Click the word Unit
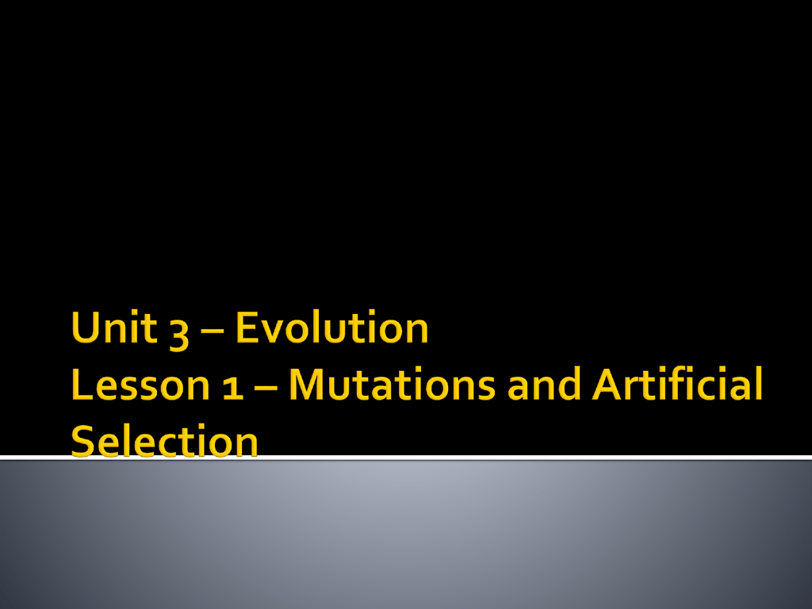tap(114, 327)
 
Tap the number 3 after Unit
tap(179, 333)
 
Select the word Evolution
tap(332, 327)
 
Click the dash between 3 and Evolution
tap(213, 333)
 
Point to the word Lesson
tap(140, 385)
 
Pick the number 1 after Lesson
tap(233, 388)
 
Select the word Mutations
tap(392, 385)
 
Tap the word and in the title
tap(544, 384)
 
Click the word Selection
tap(164, 441)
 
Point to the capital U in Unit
tap(86, 327)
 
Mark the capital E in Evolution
tap(247, 327)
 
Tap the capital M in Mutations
tap(308, 385)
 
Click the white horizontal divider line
tap(406, 458)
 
